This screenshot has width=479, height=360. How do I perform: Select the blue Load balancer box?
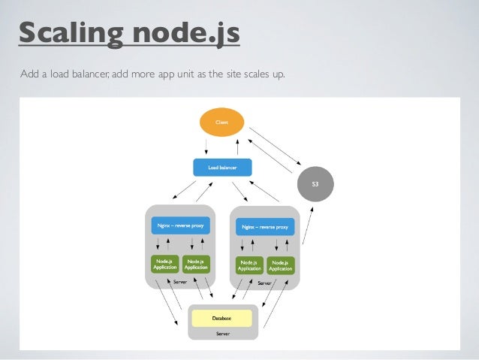221,167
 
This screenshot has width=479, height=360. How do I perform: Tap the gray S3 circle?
315,183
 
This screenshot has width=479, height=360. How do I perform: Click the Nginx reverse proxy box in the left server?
179,225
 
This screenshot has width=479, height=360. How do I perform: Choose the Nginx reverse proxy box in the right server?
264,225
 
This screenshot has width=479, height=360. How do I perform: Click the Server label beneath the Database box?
222,332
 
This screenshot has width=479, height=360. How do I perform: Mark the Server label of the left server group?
179,281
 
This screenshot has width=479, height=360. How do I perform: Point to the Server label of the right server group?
264,283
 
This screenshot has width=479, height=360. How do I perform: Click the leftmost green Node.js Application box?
164,264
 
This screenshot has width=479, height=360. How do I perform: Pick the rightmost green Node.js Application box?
281,265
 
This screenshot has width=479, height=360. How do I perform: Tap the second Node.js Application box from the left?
195,264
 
